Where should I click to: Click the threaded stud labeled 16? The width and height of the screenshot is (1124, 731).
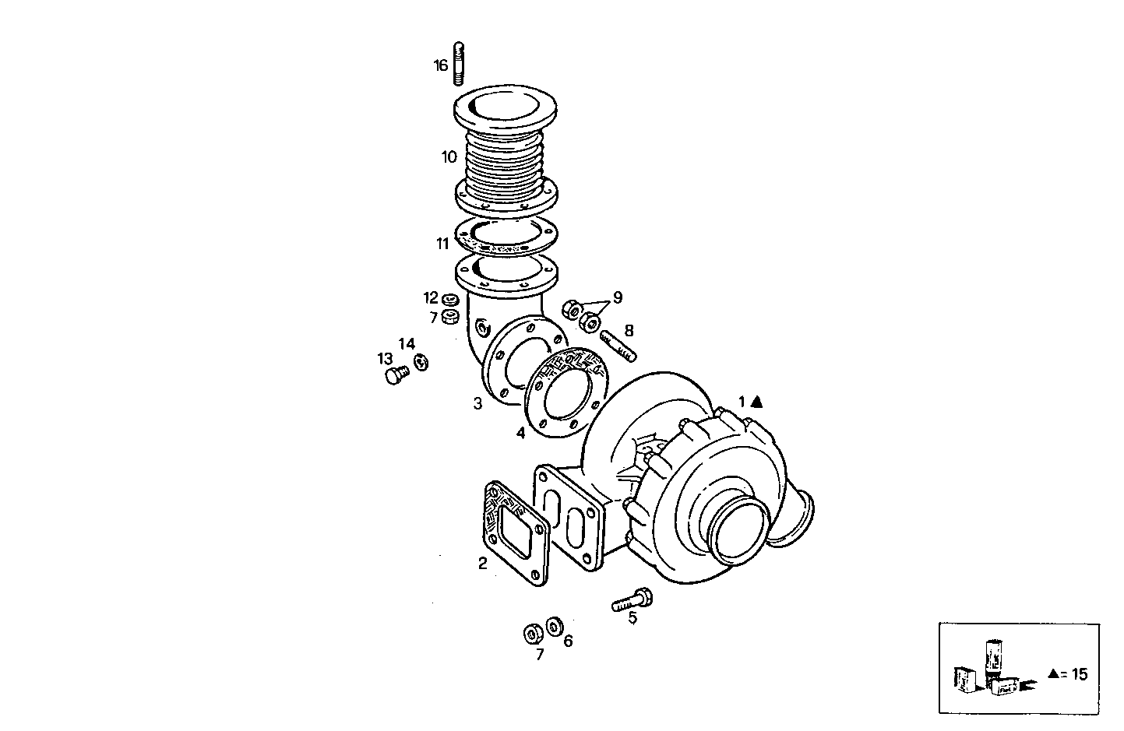click(x=459, y=63)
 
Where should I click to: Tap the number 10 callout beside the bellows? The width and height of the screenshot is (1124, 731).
click(x=449, y=157)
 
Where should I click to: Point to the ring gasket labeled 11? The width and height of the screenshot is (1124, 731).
click(x=503, y=234)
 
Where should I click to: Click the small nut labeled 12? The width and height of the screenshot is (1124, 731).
click(x=449, y=300)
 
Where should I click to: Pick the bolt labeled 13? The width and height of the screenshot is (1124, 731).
click(x=396, y=375)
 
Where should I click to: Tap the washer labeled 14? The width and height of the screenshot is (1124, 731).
click(x=421, y=362)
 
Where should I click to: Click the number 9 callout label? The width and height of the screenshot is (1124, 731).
click(x=617, y=297)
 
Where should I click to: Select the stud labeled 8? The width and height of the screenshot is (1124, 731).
click(x=617, y=345)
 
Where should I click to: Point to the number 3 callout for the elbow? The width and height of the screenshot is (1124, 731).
click(x=477, y=403)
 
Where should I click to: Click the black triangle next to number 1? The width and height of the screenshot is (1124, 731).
click(x=756, y=402)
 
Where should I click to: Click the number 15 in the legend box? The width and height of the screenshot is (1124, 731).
click(x=1078, y=674)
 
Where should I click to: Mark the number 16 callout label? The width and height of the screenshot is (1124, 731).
click(x=441, y=65)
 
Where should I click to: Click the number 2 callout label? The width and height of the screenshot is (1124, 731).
click(x=482, y=564)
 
